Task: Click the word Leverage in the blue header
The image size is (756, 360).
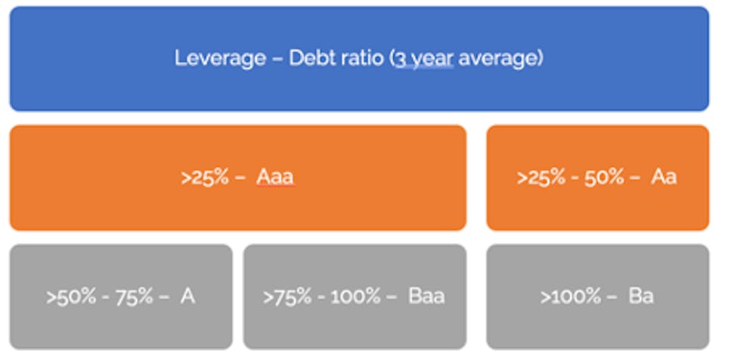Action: [220, 59]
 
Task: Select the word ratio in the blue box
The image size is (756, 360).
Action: [363, 58]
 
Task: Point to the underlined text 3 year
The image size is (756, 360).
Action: [424, 59]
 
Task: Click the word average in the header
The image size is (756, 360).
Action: [498, 59]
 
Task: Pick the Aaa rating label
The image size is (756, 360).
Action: [275, 177]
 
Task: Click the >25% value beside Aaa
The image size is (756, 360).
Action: [204, 178]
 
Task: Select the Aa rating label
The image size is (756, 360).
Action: [664, 177]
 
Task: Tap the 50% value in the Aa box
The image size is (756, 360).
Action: [605, 178]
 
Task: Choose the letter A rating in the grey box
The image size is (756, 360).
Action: [187, 296]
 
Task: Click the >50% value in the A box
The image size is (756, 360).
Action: [71, 296]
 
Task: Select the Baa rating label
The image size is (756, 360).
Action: [426, 296]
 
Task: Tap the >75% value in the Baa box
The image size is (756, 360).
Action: [287, 296]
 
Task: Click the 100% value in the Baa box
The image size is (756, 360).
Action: [356, 296]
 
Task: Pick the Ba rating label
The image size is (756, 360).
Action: [641, 296]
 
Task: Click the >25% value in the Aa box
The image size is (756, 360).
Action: [541, 178]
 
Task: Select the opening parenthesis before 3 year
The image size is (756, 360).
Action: [392, 59]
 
